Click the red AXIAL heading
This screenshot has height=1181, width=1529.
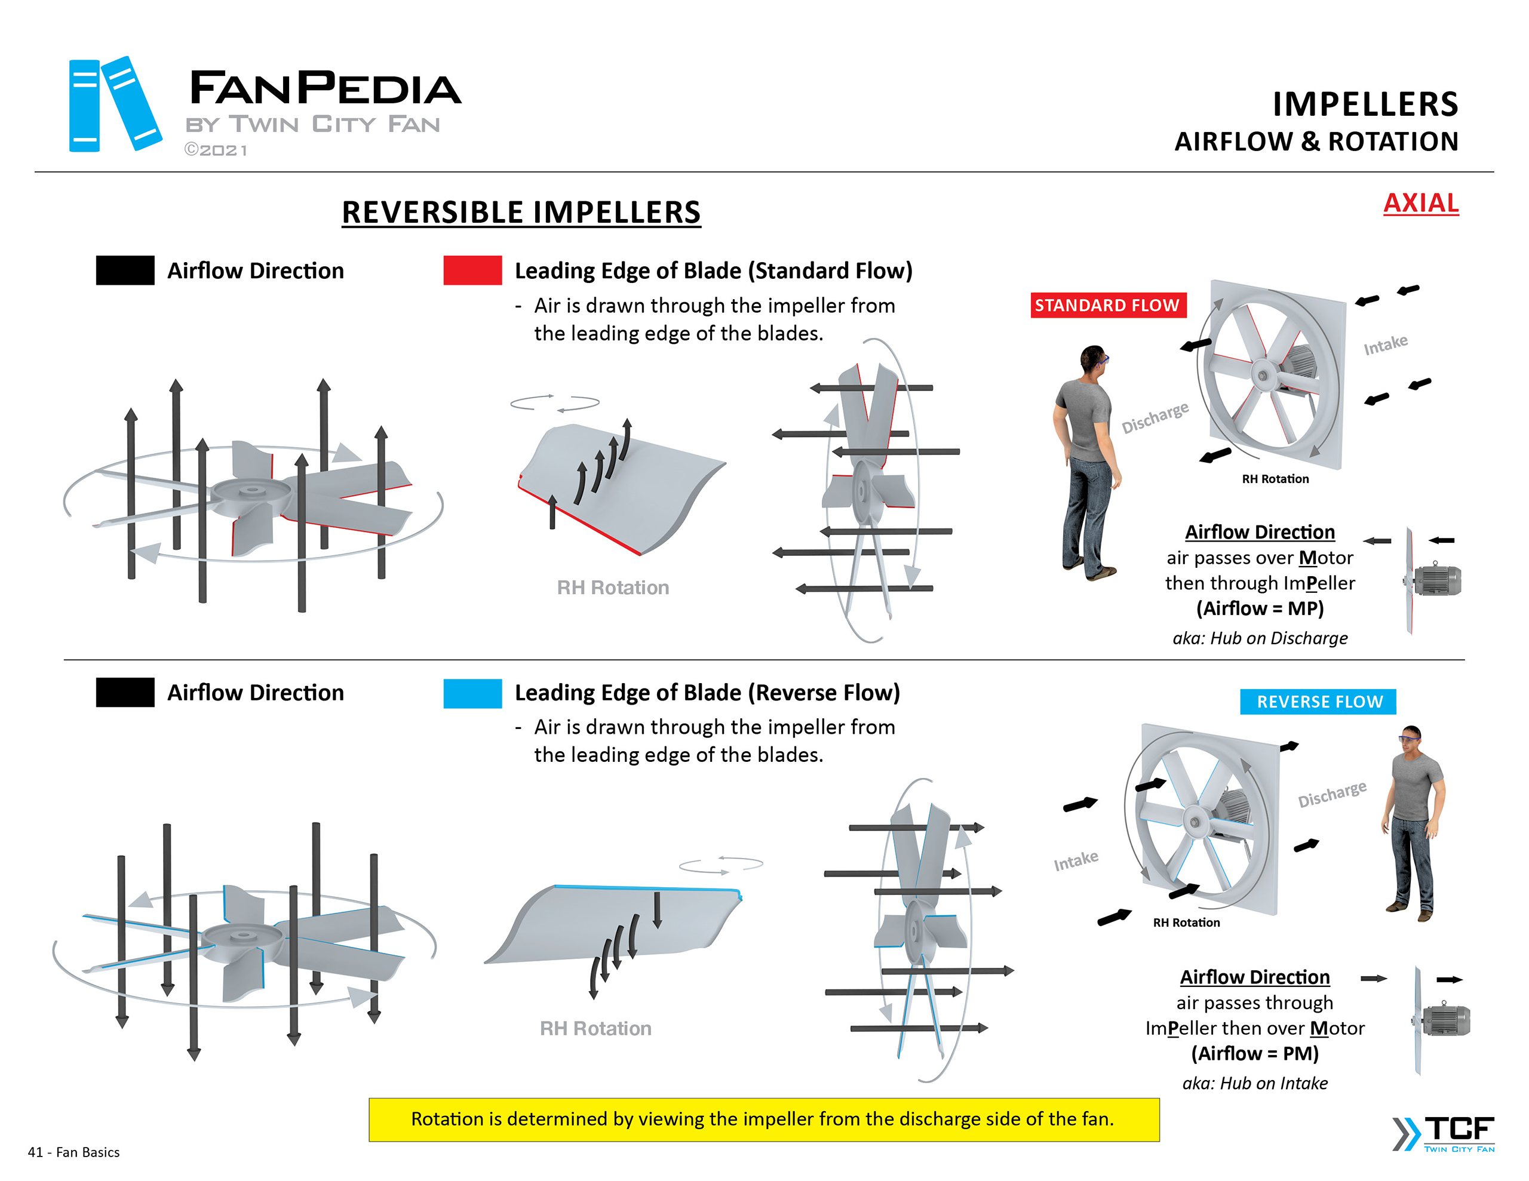1420,203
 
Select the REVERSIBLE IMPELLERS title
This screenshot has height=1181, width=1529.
521,212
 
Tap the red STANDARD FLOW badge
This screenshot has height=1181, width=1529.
1107,305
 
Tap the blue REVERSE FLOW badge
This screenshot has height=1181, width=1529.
1318,702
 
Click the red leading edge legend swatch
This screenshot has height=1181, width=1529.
472,270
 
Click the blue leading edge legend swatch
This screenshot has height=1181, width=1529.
472,693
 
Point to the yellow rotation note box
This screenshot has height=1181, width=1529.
763,1119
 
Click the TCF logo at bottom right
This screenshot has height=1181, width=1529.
1444,1133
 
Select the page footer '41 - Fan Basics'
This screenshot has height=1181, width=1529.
73,1152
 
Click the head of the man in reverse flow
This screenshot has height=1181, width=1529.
1411,739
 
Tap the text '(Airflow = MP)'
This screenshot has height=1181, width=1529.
1260,608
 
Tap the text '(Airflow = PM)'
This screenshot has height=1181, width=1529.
1255,1054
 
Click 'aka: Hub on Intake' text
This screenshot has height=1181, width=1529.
1255,1083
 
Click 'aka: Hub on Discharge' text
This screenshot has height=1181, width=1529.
1260,638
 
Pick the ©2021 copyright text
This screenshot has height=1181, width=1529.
216,150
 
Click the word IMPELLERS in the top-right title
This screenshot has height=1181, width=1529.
1365,104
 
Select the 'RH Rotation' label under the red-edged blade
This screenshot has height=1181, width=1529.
613,588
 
